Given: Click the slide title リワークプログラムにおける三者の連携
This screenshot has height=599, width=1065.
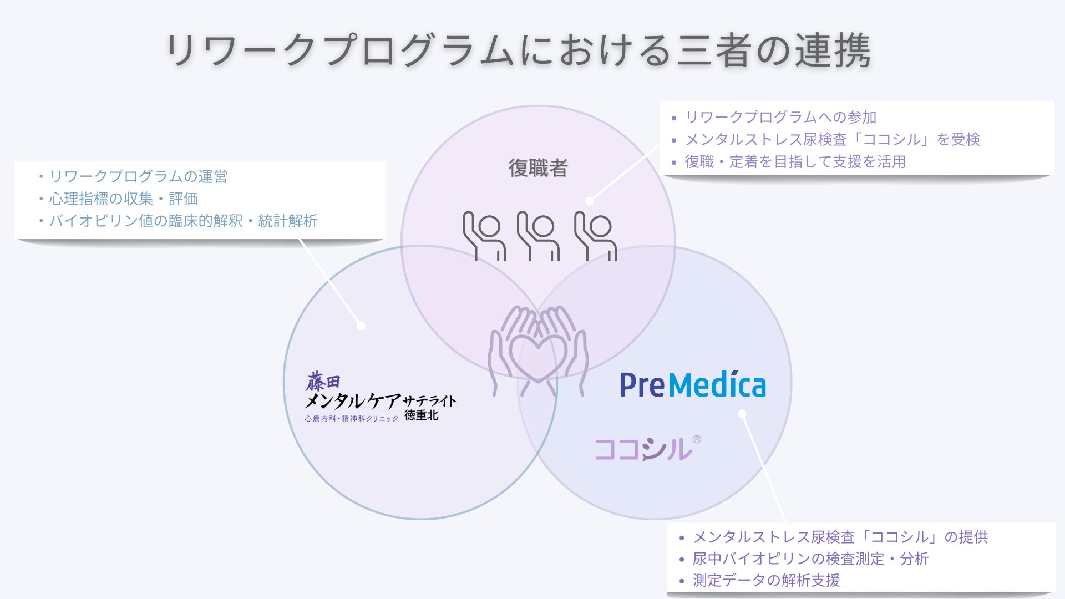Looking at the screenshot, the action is tap(518, 50).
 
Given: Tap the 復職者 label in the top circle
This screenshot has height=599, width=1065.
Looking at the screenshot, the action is tap(537, 168).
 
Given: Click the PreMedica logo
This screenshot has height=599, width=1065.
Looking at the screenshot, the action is tap(693, 384).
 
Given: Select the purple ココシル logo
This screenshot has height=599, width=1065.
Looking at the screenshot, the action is tap(643, 449).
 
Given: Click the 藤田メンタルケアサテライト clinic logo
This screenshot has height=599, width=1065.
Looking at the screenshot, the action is tap(380, 397).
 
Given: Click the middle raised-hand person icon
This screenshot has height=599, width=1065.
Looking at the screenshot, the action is tap(538, 236).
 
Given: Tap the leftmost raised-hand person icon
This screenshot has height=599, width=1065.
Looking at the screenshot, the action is tap(484, 236).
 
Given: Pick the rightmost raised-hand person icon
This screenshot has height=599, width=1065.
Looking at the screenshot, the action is tap(596, 236).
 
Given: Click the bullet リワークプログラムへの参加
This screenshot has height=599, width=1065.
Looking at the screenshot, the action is tap(780, 118).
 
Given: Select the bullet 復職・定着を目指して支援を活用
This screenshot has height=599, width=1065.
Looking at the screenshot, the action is tap(795, 162).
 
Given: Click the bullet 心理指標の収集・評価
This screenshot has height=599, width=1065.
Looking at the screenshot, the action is tap(123, 199).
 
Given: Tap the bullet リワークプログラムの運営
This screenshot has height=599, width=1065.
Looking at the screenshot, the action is tap(138, 176).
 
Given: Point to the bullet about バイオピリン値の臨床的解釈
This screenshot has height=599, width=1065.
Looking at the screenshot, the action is tap(183, 221).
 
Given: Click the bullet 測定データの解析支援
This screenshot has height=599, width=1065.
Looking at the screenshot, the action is tap(766, 580).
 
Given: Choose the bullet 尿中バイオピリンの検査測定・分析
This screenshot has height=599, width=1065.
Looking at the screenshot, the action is tap(810, 559).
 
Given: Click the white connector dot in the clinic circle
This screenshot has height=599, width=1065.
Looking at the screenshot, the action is tap(361, 326).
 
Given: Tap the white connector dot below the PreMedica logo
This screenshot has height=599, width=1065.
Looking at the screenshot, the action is tap(742, 414).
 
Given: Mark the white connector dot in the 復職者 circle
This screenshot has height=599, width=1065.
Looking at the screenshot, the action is tap(590, 201).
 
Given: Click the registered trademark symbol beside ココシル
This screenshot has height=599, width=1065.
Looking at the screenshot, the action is tap(697, 440).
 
